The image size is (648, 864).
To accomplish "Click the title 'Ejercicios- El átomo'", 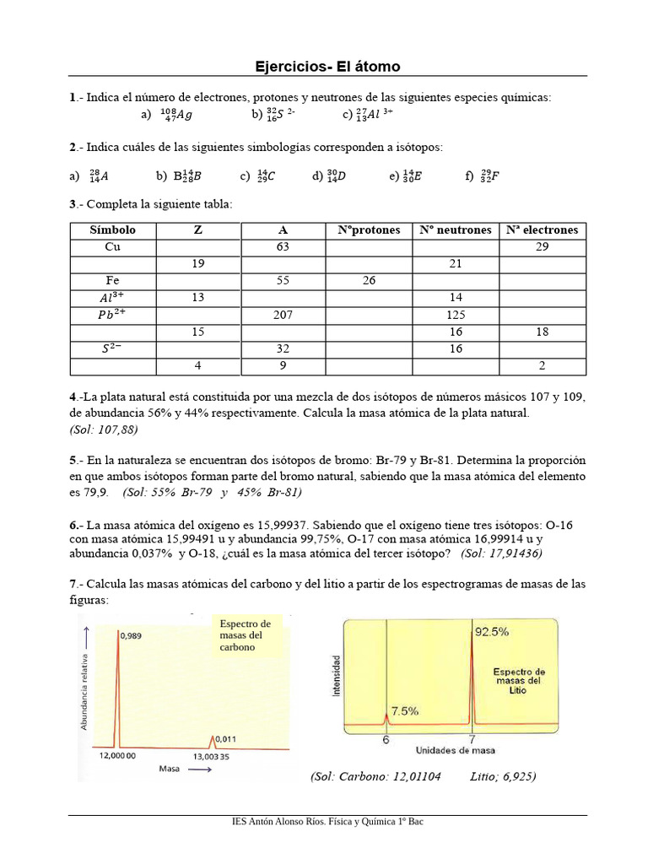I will point(327,67).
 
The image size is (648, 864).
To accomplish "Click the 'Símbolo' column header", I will point(113,230).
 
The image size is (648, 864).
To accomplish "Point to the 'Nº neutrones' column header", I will point(455,230).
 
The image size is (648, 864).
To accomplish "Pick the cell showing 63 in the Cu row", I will point(283,247).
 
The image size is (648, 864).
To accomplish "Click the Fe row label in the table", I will point(113,281).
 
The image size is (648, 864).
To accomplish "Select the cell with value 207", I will point(283,315).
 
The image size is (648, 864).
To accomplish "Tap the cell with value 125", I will point(455,315).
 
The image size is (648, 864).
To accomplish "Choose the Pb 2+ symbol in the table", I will point(113,314).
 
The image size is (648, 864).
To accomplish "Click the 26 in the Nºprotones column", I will point(369,281).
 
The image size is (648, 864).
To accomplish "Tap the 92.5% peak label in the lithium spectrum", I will point(492,631).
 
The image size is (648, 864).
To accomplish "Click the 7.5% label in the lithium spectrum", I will point(404,711).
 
